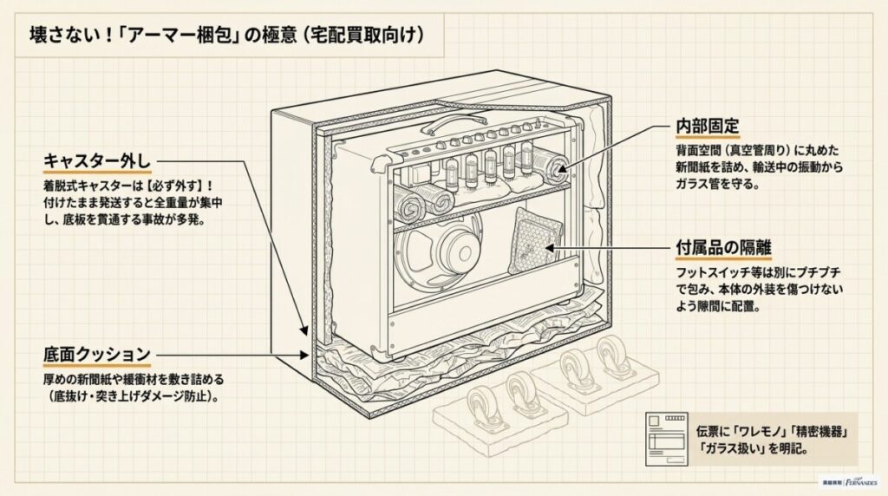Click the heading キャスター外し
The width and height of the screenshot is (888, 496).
(97, 161)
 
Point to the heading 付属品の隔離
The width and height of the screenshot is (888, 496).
(723, 245)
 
